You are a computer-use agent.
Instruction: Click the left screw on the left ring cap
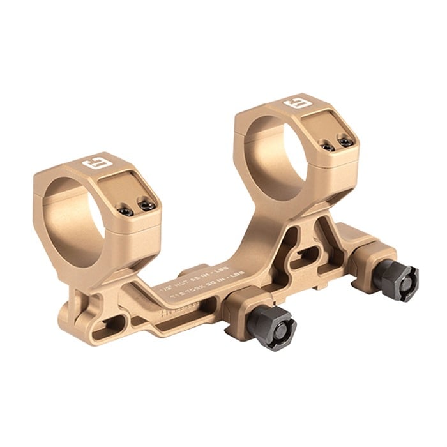click(x=128, y=211)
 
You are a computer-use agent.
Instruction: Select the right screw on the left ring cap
click(x=148, y=206)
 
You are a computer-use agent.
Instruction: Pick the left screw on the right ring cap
click(x=328, y=148)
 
